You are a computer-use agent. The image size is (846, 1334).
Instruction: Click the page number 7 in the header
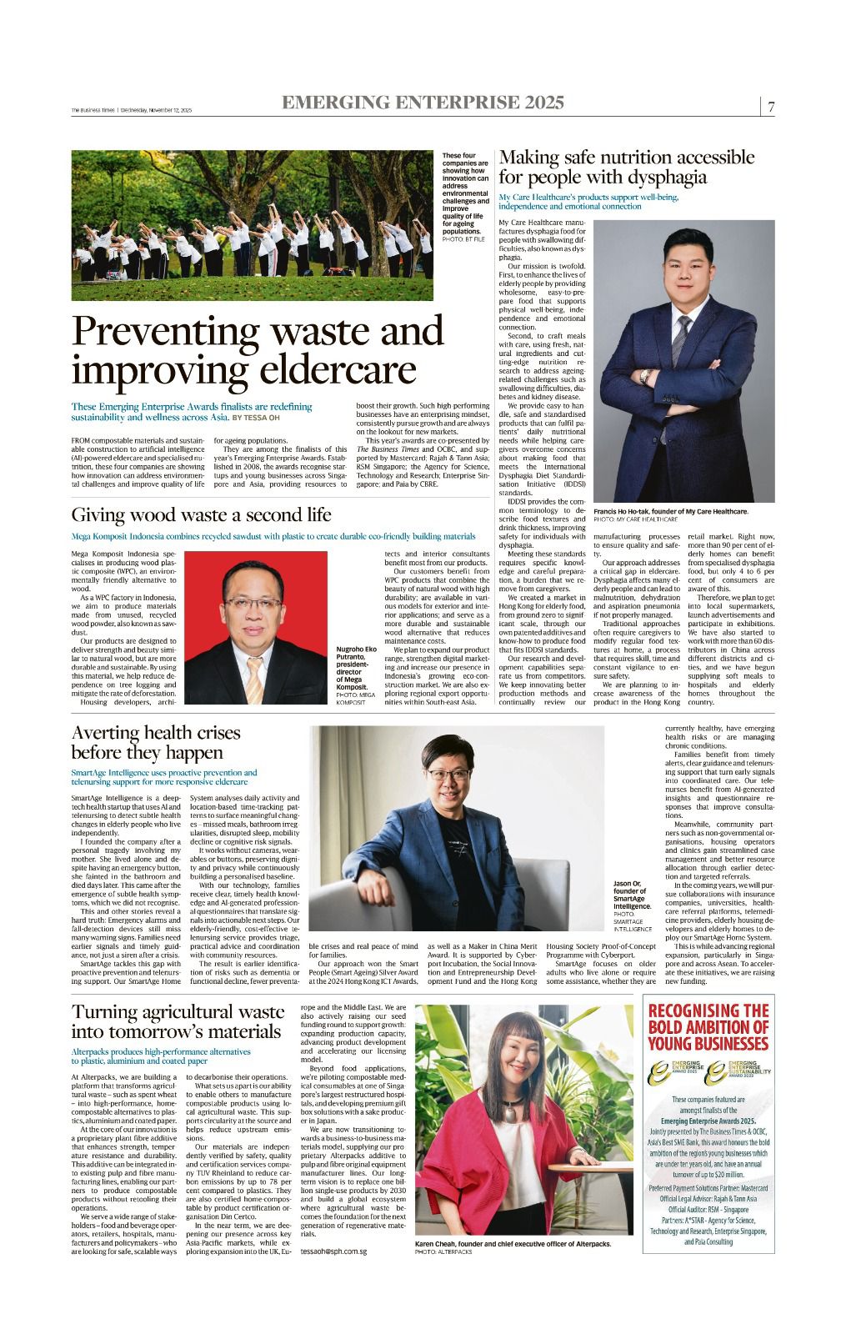[x=772, y=108]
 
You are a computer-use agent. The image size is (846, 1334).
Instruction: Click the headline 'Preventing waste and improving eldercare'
[x=246, y=350]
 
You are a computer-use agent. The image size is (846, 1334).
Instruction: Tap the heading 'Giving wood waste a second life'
[x=201, y=514]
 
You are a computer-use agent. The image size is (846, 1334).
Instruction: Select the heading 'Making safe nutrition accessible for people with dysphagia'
[x=626, y=167]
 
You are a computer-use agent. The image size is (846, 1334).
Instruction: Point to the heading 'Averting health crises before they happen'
[x=156, y=742]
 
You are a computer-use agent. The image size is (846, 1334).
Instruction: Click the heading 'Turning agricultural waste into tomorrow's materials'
[x=178, y=1021]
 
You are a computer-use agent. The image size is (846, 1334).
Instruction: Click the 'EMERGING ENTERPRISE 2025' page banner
[x=423, y=103]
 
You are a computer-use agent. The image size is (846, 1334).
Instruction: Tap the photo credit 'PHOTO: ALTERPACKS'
[x=443, y=1252]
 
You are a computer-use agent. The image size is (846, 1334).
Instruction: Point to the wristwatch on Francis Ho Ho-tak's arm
[x=644, y=376]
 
